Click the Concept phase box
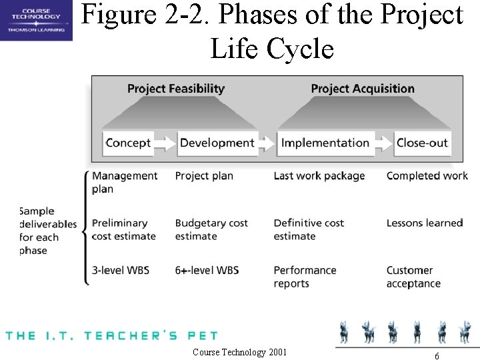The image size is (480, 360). [128, 143]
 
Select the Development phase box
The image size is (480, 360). [217, 143]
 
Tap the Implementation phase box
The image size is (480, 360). [325, 143]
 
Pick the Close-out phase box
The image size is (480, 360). [422, 143]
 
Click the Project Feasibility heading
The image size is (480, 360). [176, 89]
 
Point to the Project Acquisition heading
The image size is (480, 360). [363, 89]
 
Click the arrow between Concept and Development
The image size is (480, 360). [166, 143]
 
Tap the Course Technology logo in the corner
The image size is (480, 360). [36, 20]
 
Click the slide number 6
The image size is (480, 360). [436, 356]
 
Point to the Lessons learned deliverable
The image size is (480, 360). [424, 223]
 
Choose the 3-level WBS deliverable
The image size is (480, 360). [121, 270]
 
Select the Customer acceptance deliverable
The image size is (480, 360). [413, 277]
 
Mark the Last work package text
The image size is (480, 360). [319, 176]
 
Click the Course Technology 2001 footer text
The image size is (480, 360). [239, 352]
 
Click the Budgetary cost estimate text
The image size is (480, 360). [211, 229]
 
